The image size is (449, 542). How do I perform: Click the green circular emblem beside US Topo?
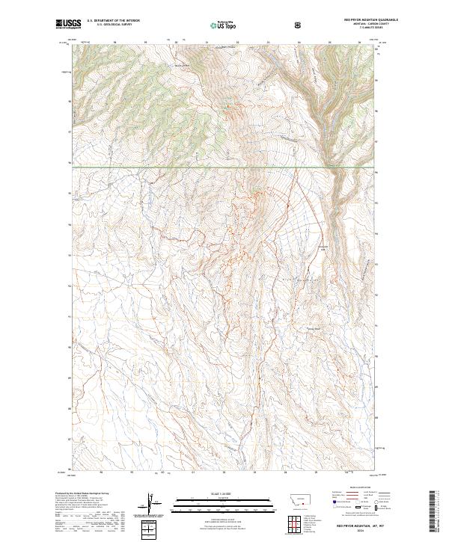(213, 26)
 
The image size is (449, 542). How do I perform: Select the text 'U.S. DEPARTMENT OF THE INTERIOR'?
(114, 21)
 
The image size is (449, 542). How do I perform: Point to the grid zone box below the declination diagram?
(150, 529)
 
